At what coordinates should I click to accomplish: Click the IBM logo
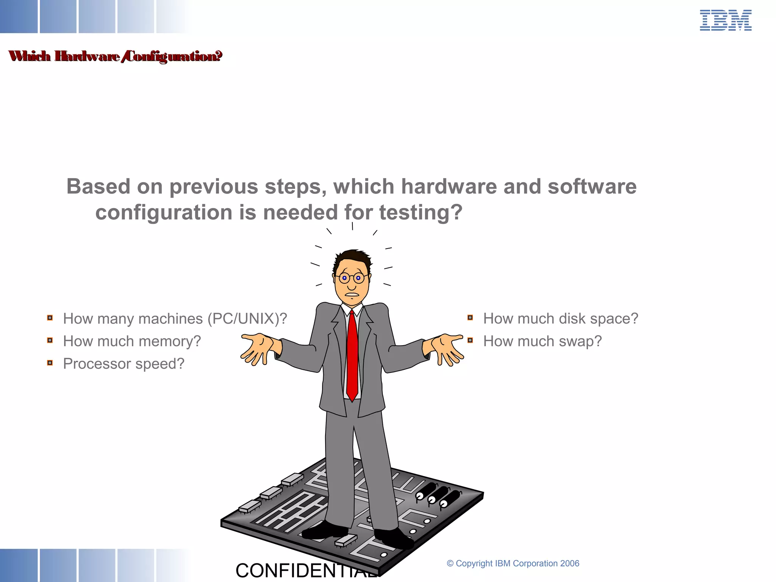click(x=725, y=20)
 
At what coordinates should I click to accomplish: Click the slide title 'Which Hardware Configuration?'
click(x=115, y=56)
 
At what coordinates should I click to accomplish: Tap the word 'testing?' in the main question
click(x=421, y=212)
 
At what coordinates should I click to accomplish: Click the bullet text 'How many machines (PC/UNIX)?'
click(x=175, y=319)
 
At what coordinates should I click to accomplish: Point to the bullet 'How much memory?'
click(x=132, y=341)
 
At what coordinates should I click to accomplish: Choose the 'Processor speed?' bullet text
click(x=124, y=364)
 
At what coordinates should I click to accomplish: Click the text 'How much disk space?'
click(x=560, y=319)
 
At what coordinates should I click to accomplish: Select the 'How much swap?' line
click(x=542, y=341)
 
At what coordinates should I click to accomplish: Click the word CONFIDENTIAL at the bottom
click(x=303, y=571)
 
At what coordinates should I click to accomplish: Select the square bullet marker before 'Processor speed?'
click(x=50, y=363)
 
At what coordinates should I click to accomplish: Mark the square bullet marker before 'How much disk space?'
click(x=470, y=318)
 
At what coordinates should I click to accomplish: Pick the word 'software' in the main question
click(x=592, y=186)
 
